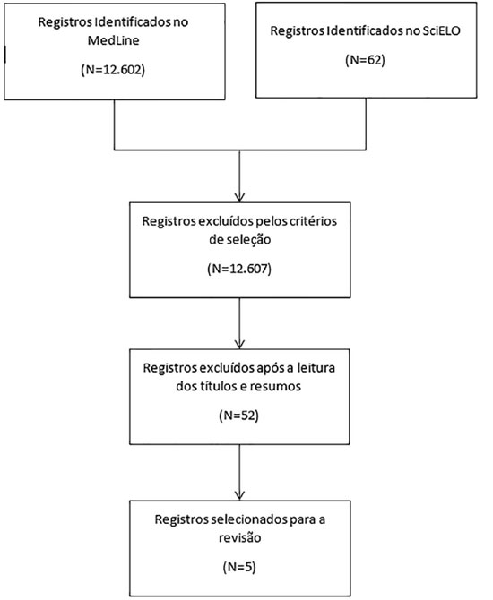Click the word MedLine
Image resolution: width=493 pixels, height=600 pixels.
coord(113,40)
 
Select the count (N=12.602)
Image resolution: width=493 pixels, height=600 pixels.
coord(113,70)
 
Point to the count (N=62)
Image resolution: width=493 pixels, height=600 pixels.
coord(365,60)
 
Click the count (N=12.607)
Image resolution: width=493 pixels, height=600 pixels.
coord(239,269)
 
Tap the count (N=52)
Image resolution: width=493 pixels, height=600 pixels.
coord(239,416)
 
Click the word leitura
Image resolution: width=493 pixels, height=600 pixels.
coord(316,368)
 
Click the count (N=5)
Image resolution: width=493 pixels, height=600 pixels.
coord(239,567)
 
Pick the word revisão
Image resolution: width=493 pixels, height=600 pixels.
coord(240,537)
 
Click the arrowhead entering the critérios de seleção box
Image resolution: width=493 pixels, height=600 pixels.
coord(239,198)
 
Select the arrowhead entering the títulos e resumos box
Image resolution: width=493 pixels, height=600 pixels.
coord(239,345)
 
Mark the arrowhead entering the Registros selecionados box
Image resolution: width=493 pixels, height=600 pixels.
coord(239,495)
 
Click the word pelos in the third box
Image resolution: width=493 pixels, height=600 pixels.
coord(269,221)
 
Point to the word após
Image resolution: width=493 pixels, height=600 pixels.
coord(270,368)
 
